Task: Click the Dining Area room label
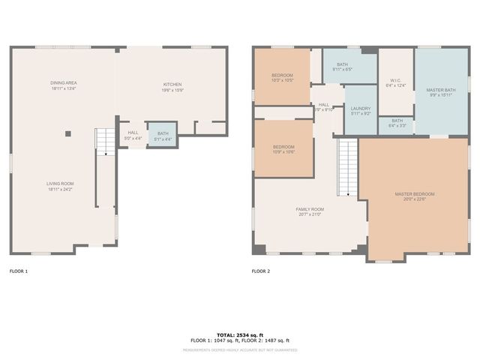tap(64, 85)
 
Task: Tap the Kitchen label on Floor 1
tap(172, 86)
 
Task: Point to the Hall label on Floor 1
tap(133, 135)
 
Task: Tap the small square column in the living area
tap(67, 133)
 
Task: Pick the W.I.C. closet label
tap(397, 82)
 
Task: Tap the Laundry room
tap(361, 111)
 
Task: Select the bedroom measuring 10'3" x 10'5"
tap(283, 77)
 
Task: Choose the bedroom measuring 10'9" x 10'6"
tap(283, 148)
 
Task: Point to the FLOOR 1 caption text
tap(18, 271)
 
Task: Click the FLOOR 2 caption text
tap(260, 271)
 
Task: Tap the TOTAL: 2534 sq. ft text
tap(240, 334)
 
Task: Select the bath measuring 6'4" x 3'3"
tap(397, 123)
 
